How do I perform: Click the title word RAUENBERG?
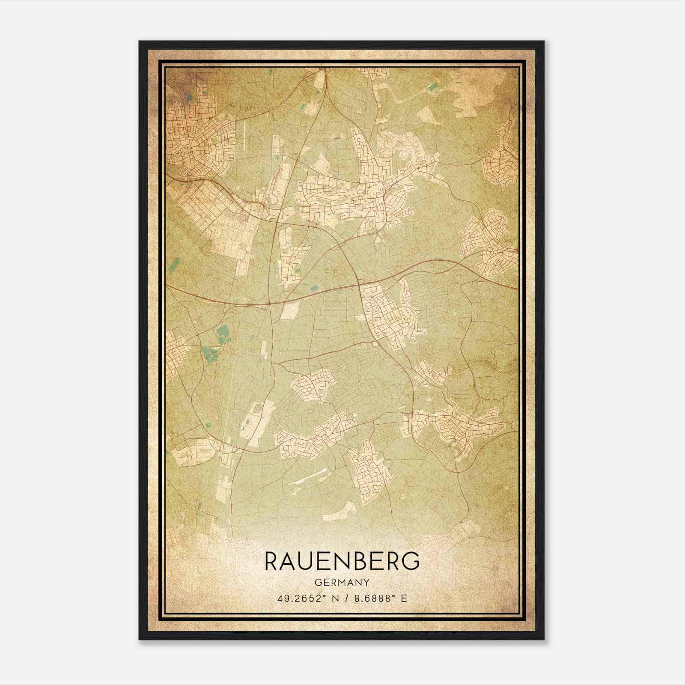342,561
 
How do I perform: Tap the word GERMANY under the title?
342,582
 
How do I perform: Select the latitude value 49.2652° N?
304,599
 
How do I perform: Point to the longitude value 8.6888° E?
375,599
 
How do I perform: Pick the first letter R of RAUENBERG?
273,561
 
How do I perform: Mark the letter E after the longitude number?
404,599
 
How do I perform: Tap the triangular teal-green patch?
222,334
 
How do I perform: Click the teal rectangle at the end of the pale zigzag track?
433,87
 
